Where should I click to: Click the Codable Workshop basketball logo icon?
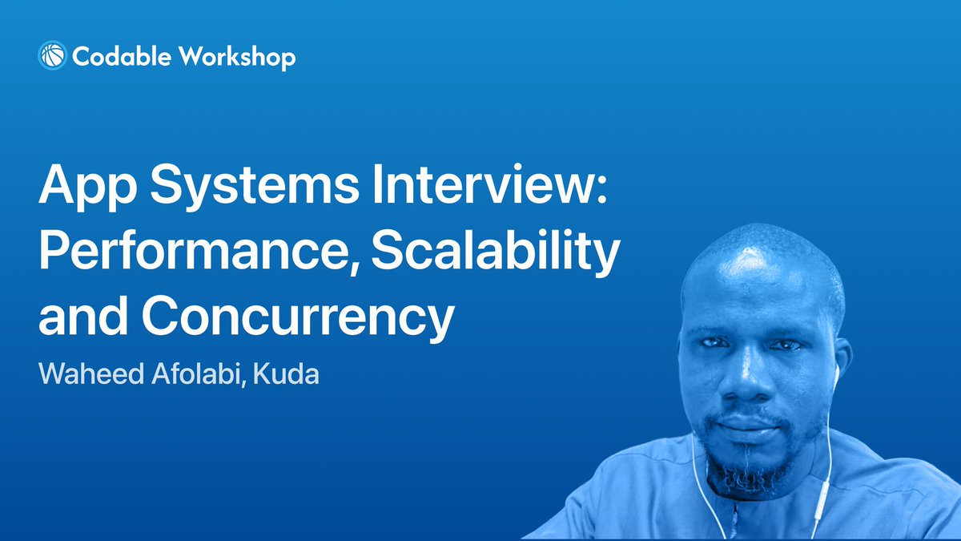tap(52, 55)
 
